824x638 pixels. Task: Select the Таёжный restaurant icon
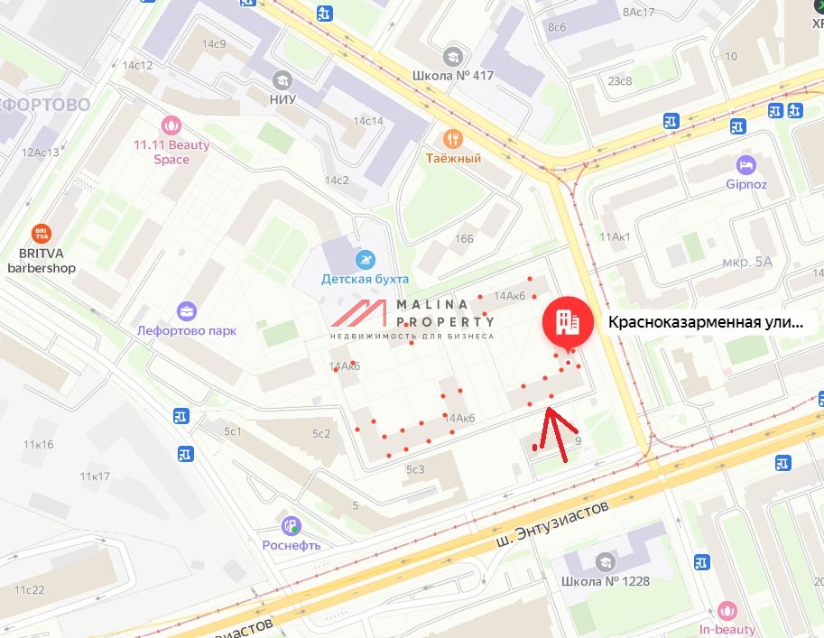(453, 139)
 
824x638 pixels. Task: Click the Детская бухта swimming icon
(366, 259)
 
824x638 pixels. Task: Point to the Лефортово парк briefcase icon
(187, 311)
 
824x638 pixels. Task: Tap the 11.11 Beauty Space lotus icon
(171, 125)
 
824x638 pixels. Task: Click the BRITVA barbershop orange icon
(42, 234)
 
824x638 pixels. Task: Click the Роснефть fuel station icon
(291, 525)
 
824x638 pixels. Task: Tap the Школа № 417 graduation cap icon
(453, 56)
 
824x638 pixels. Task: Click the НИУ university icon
(282, 79)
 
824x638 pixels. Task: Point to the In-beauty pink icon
(727, 611)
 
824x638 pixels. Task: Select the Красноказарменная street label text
(704, 322)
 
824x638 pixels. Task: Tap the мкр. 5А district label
(748, 262)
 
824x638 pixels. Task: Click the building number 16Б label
(464, 238)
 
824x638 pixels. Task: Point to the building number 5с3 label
(415, 469)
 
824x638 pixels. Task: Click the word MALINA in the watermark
(440, 305)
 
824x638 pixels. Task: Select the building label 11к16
(39, 444)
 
